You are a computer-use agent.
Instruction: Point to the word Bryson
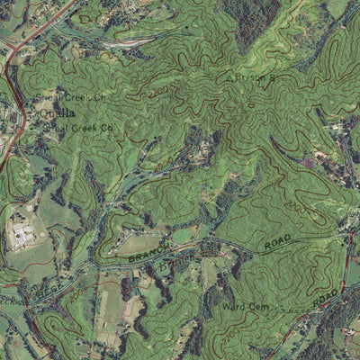click(x=248, y=79)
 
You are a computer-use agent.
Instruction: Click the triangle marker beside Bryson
click(x=229, y=78)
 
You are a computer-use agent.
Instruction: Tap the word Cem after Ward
click(x=256, y=307)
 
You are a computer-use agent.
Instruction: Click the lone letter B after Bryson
click(x=270, y=79)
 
